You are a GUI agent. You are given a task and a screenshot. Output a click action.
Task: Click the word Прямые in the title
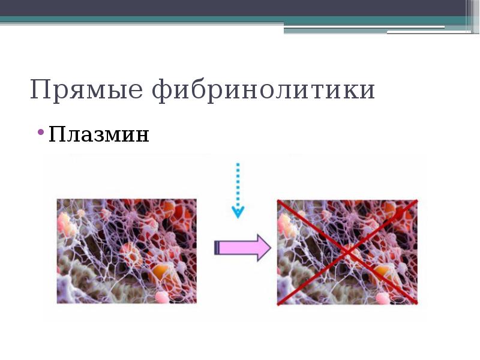point(86,90)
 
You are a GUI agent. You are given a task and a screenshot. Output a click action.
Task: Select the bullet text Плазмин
point(99,134)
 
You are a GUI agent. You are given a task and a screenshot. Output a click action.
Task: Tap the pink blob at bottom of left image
point(163,296)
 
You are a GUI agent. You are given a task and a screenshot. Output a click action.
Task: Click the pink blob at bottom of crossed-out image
point(382,296)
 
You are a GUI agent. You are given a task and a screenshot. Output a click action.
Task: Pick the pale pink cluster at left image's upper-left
point(66,224)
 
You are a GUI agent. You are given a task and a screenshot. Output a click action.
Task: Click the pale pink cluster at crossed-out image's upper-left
point(286,224)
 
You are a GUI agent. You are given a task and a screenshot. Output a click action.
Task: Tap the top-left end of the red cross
point(278,202)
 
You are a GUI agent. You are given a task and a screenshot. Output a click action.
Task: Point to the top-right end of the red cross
point(416,202)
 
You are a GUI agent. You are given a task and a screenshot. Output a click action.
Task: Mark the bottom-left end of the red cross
point(278,304)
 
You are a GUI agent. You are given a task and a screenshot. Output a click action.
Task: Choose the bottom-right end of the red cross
point(416,304)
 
